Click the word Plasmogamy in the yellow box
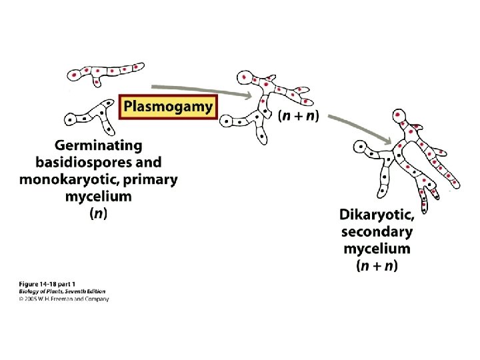pos(168,106)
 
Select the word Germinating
pos(98,145)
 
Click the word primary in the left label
pos(151,179)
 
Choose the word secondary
pos(377,232)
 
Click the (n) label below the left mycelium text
pos(98,214)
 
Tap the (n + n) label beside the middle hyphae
pos(298,115)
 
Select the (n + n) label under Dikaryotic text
pos(377,266)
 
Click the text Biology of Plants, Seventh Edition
pos(61,292)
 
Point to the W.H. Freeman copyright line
pos(63,299)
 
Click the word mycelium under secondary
pos(377,249)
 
